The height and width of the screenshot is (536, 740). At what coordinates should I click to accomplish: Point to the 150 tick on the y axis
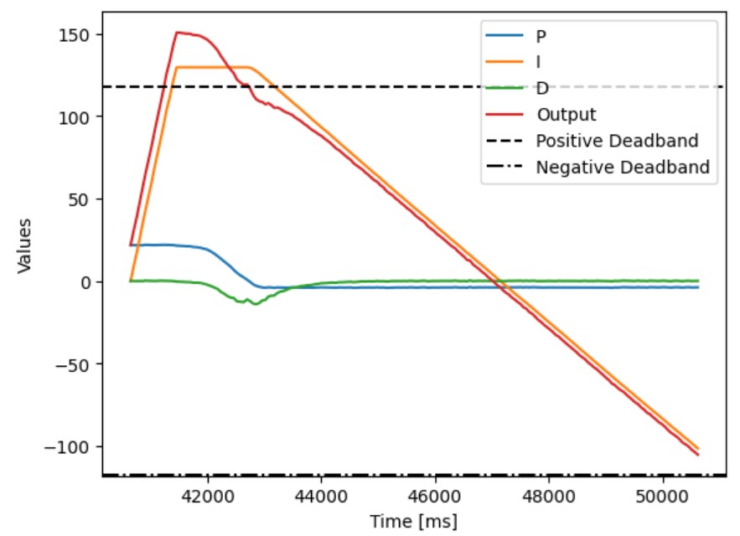76,35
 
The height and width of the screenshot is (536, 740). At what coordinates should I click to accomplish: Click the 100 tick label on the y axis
76,117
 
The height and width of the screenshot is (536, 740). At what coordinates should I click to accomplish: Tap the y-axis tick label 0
86,282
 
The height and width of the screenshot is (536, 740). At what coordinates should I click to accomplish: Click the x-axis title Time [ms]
414,522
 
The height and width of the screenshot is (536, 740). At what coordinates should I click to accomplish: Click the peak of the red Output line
177,33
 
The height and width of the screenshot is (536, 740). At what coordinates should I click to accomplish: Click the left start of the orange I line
131,281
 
